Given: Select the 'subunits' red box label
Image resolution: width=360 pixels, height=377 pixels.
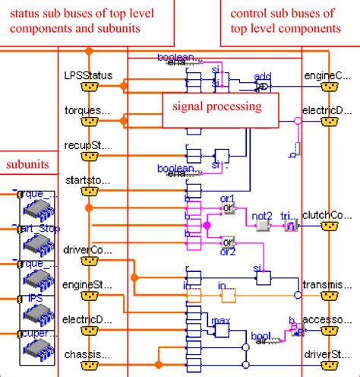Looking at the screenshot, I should click(27, 163).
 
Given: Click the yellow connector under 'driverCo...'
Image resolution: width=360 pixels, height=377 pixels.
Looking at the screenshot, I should click(90, 262).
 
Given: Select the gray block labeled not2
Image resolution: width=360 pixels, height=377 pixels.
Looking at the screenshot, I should click(263, 226).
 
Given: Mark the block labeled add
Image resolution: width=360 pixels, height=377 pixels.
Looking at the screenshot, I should click(262, 86).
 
